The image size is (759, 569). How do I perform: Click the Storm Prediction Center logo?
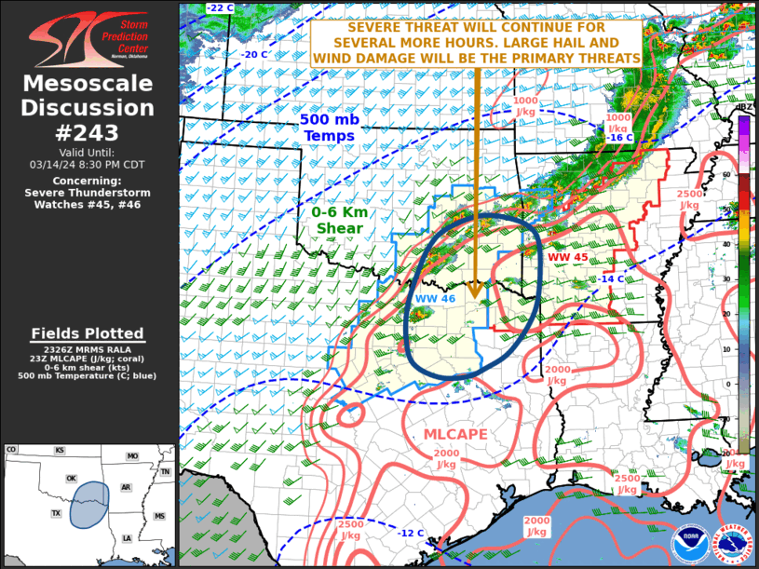coord(88,38)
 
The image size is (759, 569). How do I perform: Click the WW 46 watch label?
coord(435,298)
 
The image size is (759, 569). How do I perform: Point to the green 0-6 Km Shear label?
coord(339,220)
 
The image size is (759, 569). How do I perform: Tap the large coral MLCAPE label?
coord(454,435)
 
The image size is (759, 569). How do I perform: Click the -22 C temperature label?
coord(221,8)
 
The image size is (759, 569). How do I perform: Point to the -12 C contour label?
coord(411,534)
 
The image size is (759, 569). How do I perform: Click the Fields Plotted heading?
coord(88,333)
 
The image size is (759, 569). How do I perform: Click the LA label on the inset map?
coord(127,538)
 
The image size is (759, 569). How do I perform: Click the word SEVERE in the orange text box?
coord(358,28)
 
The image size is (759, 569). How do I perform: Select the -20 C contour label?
coord(255,54)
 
